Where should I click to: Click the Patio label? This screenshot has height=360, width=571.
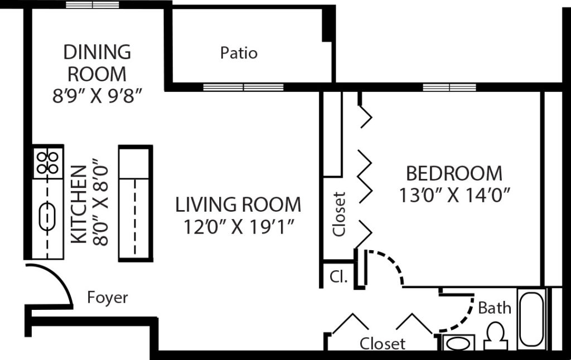click(239, 53)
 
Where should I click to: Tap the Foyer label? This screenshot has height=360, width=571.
click(108, 298)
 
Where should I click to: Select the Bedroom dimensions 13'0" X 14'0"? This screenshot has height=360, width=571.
click(455, 196)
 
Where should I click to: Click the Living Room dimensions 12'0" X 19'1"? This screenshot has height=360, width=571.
click(239, 227)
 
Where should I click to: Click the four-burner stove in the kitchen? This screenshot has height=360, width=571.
click(47, 162)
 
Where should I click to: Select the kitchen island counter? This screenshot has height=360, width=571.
click(135, 203)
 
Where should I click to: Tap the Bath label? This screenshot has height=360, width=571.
click(495, 308)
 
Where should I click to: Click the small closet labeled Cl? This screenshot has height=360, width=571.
click(338, 276)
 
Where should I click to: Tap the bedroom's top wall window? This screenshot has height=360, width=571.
click(449, 87)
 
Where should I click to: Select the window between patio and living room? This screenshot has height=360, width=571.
click(243, 87)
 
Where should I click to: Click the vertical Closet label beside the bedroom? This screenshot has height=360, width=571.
click(339, 215)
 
